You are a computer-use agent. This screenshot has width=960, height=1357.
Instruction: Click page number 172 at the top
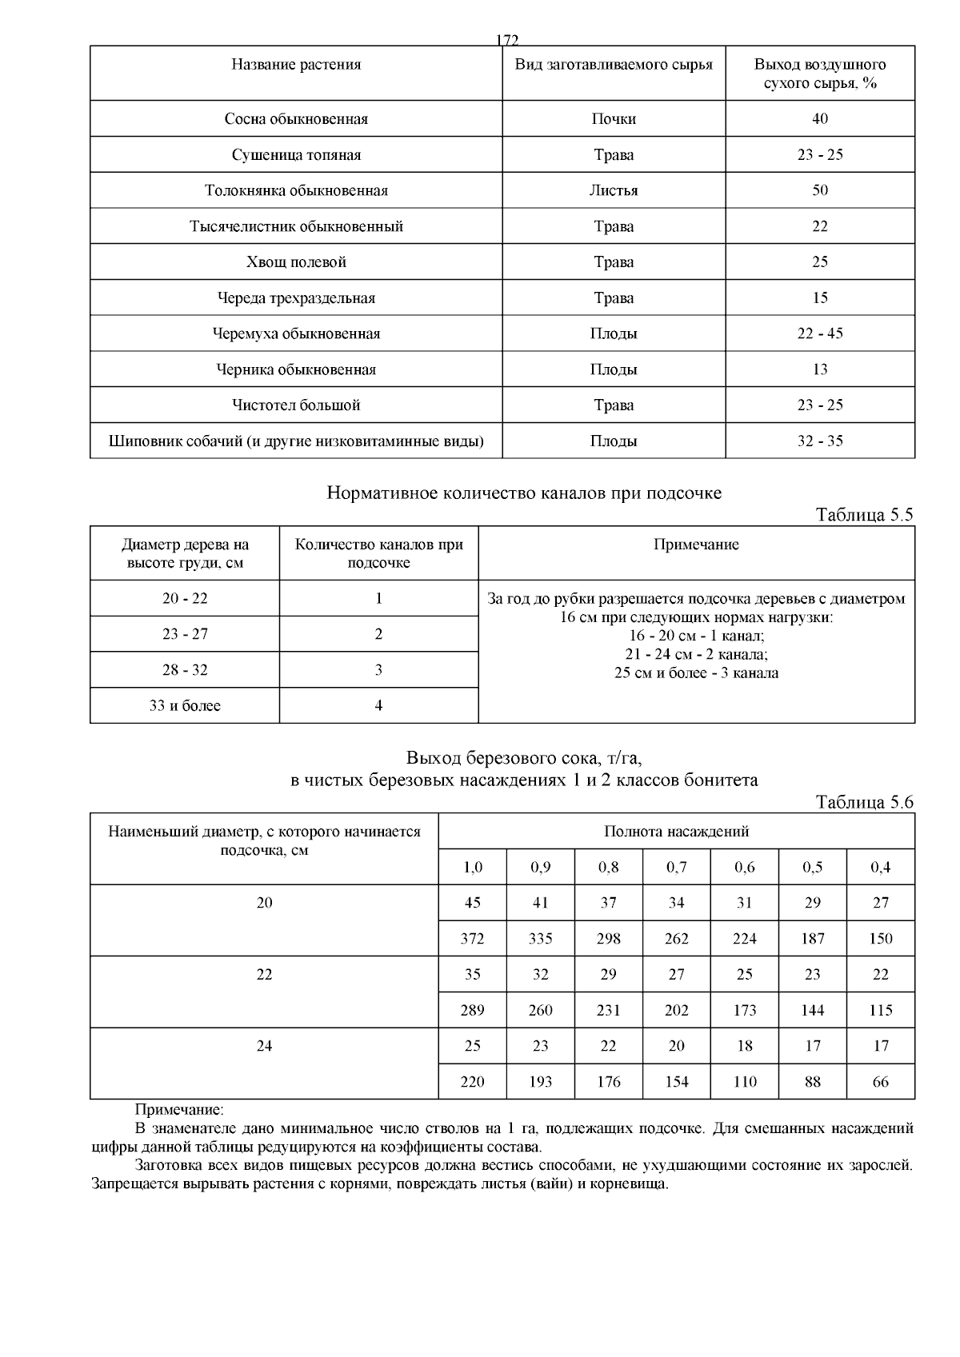(x=507, y=40)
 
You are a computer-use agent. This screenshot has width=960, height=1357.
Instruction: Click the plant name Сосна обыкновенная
(x=296, y=119)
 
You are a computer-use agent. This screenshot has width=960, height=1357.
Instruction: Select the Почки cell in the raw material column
(x=614, y=119)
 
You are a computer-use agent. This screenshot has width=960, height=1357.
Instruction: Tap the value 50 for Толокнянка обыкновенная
(x=820, y=190)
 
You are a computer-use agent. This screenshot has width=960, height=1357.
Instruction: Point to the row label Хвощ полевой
(x=296, y=262)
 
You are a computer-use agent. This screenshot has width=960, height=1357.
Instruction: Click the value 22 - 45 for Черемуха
(x=820, y=333)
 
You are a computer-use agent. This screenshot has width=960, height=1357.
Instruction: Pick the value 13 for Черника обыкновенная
(x=820, y=369)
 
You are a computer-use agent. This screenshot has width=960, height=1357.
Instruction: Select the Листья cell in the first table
(x=614, y=190)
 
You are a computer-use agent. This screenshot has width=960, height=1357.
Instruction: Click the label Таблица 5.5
(x=864, y=515)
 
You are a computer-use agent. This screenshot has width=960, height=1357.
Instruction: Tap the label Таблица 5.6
(x=864, y=803)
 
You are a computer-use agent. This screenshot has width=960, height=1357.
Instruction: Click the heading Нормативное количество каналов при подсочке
(x=524, y=493)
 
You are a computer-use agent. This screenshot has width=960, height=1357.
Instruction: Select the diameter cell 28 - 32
(x=185, y=670)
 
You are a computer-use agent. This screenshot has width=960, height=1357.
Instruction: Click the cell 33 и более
(x=185, y=706)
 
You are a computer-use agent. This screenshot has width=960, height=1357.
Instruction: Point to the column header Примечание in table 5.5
(x=696, y=545)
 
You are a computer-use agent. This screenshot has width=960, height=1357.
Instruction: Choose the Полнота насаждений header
(x=676, y=832)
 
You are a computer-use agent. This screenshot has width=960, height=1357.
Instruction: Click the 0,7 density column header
(x=676, y=868)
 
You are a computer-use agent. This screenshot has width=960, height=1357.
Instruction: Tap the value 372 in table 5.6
(x=472, y=939)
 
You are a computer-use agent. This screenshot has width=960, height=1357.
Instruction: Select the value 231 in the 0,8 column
(x=608, y=1011)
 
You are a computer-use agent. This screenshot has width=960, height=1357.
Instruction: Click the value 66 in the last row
(x=880, y=1082)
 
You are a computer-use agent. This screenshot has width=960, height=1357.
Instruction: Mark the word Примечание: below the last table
(x=179, y=1111)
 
